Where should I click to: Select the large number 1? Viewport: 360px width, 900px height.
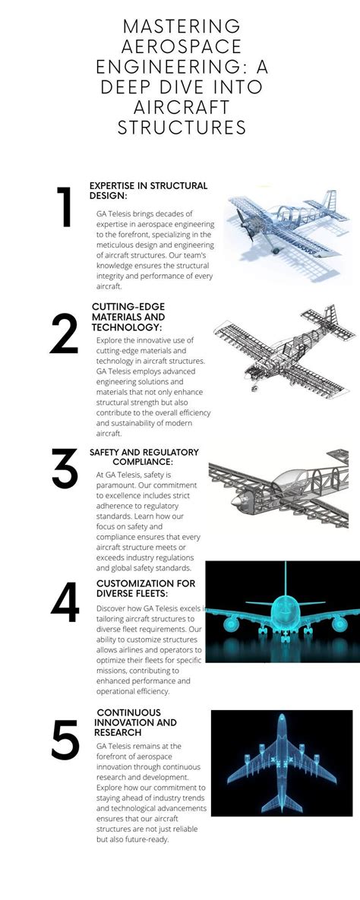[x=65, y=207]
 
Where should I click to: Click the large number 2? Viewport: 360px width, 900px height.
[x=65, y=334]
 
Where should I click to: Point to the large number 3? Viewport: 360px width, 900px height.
[x=65, y=469]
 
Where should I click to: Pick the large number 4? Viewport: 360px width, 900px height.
[x=65, y=603]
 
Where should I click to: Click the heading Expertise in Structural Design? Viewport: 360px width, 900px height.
[x=148, y=191]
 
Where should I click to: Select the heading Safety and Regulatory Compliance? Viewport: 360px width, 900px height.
[x=144, y=457]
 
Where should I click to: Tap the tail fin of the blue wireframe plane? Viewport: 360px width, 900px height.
[x=329, y=201]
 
